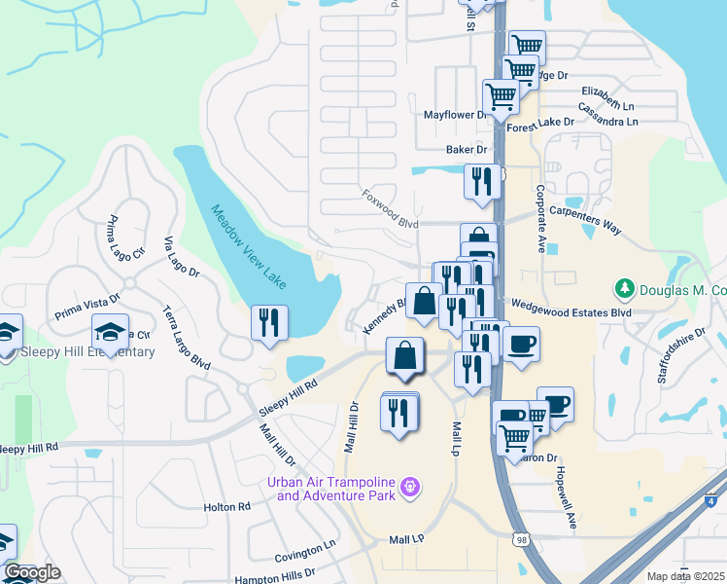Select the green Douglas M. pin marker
point(624,289)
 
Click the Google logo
point(33,572)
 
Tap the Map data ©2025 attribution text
point(685,576)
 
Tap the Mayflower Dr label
point(453,115)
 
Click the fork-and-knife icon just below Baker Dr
point(482,182)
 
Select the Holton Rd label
point(226,507)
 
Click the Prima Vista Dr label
point(87,308)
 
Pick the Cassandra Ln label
point(607,122)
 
